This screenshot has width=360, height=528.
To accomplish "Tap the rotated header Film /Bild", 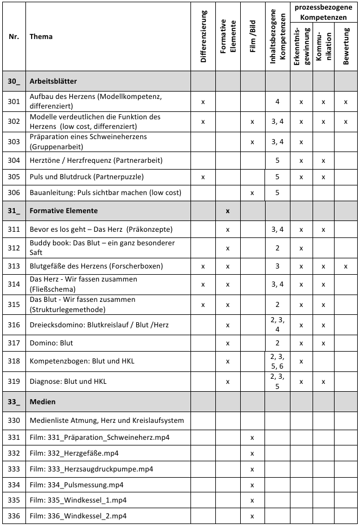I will coord(253,36).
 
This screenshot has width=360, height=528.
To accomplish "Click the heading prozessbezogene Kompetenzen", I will coord(323,13).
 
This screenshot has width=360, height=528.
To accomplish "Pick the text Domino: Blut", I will coord(51,343).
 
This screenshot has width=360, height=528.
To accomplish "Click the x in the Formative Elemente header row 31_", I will coord(227,211).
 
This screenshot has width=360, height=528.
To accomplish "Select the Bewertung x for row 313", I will coord(345,266).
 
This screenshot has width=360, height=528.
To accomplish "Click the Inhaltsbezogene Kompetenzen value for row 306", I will coord(277,193).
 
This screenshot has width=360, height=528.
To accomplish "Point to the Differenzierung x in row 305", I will coord(203,177).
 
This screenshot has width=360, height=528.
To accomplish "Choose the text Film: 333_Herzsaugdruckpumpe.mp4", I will coord(92,469).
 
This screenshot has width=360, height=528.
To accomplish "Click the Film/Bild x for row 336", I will coord(252,516).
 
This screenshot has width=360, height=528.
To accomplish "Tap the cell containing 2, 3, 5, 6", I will coord(277,361).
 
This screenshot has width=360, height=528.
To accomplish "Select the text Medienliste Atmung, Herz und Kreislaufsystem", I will coord(107,420).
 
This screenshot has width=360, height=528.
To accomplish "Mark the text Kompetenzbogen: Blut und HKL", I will coord(82,361).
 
